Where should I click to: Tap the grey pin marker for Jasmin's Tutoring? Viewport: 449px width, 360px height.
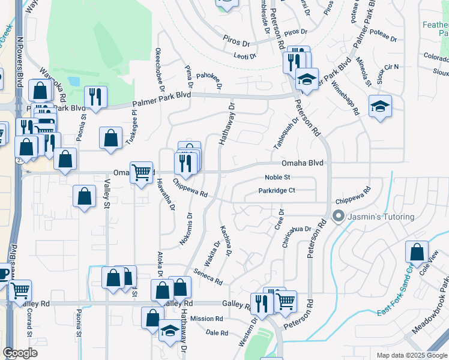(338, 216)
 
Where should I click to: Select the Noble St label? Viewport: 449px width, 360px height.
(278, 178)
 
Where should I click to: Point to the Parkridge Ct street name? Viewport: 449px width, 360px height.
(277, 191)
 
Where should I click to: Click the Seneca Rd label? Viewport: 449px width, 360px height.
(208, 277)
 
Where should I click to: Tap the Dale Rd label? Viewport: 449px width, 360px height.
(217, 332)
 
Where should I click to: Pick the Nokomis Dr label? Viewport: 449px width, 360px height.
(185, 229)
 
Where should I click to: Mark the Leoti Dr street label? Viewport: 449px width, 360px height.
(244, 56)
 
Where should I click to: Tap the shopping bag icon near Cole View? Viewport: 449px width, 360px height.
(417, 253)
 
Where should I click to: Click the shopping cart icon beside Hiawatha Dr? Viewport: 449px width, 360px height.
(142, 173)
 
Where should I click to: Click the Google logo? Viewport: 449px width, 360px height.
(20, 353)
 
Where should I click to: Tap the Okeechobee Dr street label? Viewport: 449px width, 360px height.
(159, 70)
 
